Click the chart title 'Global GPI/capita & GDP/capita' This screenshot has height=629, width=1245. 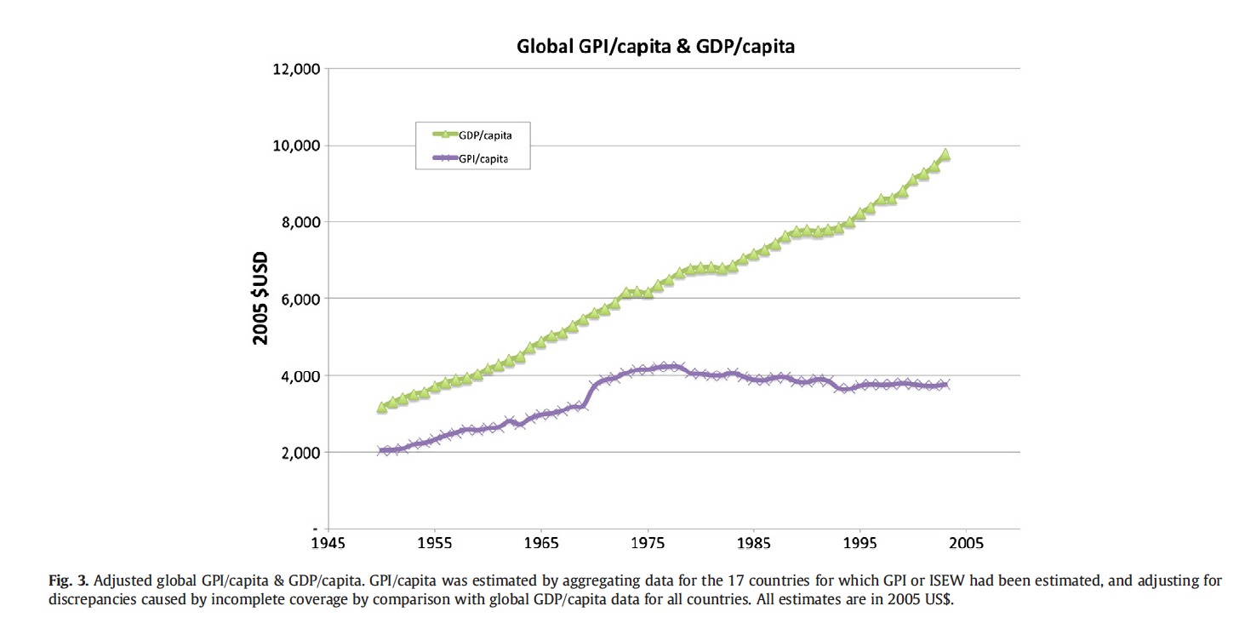pos(655,47)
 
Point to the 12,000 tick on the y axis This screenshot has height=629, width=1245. pos(295,69)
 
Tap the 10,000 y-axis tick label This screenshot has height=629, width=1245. pos(295,146)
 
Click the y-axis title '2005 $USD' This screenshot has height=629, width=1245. pos(260,298)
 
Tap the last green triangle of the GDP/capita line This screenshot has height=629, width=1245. pos(945,155)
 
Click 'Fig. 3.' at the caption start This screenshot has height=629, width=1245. pos(67,581)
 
